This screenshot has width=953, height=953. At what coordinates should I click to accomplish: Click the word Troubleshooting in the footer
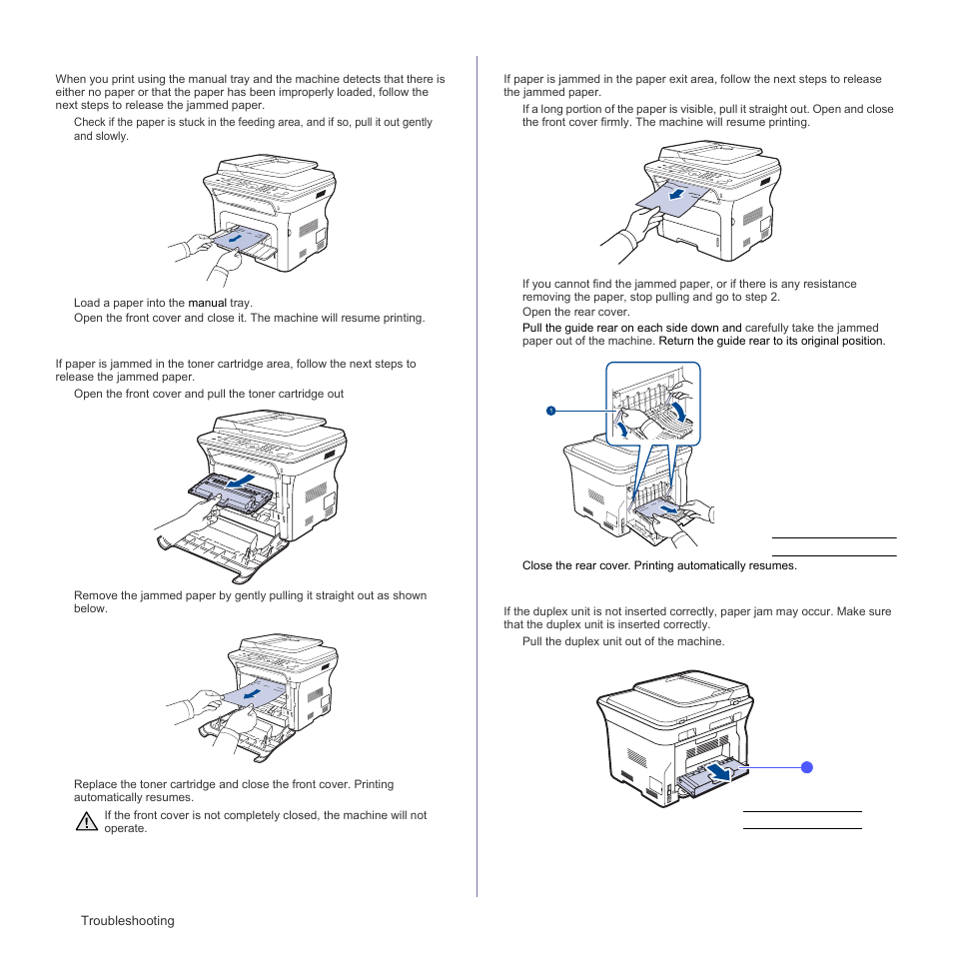128,921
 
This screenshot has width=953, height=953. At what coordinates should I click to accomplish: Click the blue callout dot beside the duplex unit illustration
807,767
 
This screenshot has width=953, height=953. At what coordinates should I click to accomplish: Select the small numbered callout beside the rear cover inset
549,411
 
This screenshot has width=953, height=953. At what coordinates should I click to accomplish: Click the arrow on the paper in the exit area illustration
678,198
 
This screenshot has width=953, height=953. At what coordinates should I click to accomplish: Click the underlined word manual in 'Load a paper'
208,303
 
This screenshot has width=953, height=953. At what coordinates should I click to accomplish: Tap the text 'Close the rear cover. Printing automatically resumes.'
659,565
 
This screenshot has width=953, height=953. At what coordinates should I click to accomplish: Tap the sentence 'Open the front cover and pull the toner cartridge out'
209,394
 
